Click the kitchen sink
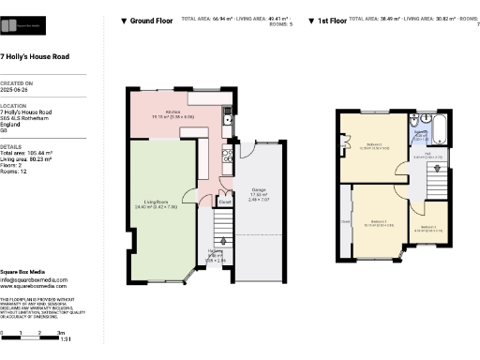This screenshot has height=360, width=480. click(x=228, y=117)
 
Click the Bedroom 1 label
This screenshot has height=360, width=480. click(x=379, y=221)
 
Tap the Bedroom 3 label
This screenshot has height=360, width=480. click(x=427, y=227)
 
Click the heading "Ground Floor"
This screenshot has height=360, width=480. click(x=150, y=20)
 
